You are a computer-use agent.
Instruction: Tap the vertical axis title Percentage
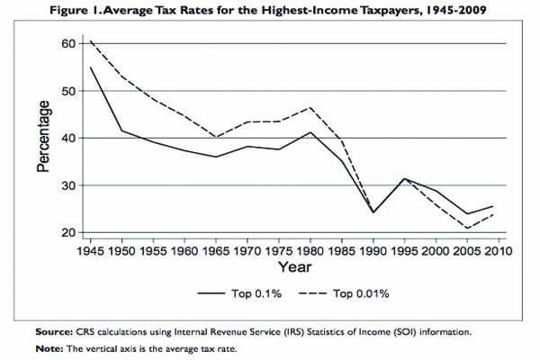pyautogui.click(x=42, y=138)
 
